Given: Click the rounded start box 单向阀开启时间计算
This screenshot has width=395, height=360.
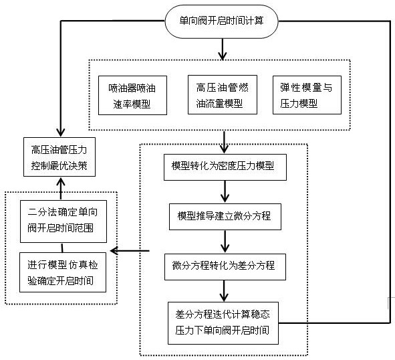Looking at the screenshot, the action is pos(221,21).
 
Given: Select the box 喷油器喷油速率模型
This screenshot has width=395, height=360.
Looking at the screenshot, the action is pos(132,96).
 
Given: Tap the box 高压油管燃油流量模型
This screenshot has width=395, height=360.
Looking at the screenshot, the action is pos(223,94).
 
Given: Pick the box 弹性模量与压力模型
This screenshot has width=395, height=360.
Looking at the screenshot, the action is pos(307,95).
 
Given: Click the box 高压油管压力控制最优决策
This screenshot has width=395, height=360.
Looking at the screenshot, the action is pos(59,157).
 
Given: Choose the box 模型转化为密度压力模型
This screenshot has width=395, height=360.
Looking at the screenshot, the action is pos(225,167).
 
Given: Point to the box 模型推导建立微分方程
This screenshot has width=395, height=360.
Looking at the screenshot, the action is pos(225,217).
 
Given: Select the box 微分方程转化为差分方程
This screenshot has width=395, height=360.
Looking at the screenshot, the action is pos(225,267).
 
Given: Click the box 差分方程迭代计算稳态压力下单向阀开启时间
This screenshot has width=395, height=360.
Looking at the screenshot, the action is pos(223,323).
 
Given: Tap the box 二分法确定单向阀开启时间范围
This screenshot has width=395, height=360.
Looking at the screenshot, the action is pos(63,221).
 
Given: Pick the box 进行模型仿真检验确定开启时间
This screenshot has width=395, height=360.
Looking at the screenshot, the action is pos(63,272).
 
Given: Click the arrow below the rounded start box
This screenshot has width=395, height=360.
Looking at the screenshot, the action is pos(222,50).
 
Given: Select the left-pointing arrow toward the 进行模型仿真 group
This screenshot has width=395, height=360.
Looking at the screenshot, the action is pos(130,251).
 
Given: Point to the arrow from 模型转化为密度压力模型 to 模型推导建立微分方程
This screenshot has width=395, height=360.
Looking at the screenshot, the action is pos(225,191).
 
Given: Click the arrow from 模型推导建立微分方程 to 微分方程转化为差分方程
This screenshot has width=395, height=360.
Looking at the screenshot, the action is pos(225,242).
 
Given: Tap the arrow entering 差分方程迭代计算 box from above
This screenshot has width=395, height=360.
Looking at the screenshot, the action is pos(224,291).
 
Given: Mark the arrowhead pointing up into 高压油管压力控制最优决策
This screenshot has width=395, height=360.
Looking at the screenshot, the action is pos(61,181).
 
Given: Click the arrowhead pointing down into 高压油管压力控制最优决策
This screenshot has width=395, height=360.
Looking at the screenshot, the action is pos(61,132).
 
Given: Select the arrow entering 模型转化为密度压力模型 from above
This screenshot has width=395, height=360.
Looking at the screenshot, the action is pos(224,143).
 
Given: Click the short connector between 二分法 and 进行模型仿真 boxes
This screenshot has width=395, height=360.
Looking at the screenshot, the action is pos(62,248).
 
